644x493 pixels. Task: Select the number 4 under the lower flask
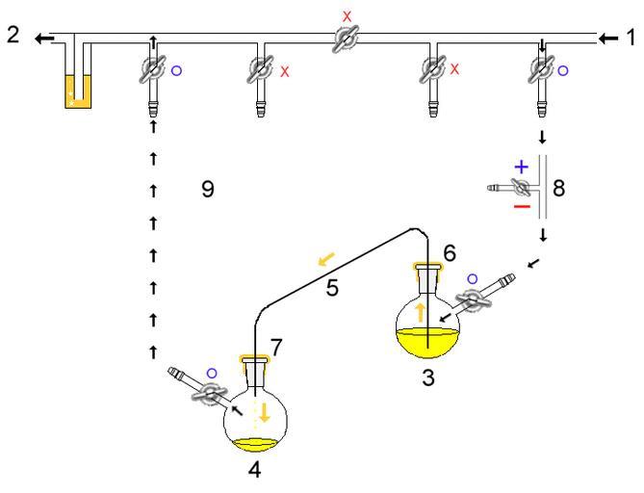[253, 472]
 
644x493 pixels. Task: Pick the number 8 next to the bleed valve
[558, 186]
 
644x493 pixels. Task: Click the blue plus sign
[521, 167]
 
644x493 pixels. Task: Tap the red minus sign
[521, 205]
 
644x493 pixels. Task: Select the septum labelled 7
[254, 364]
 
